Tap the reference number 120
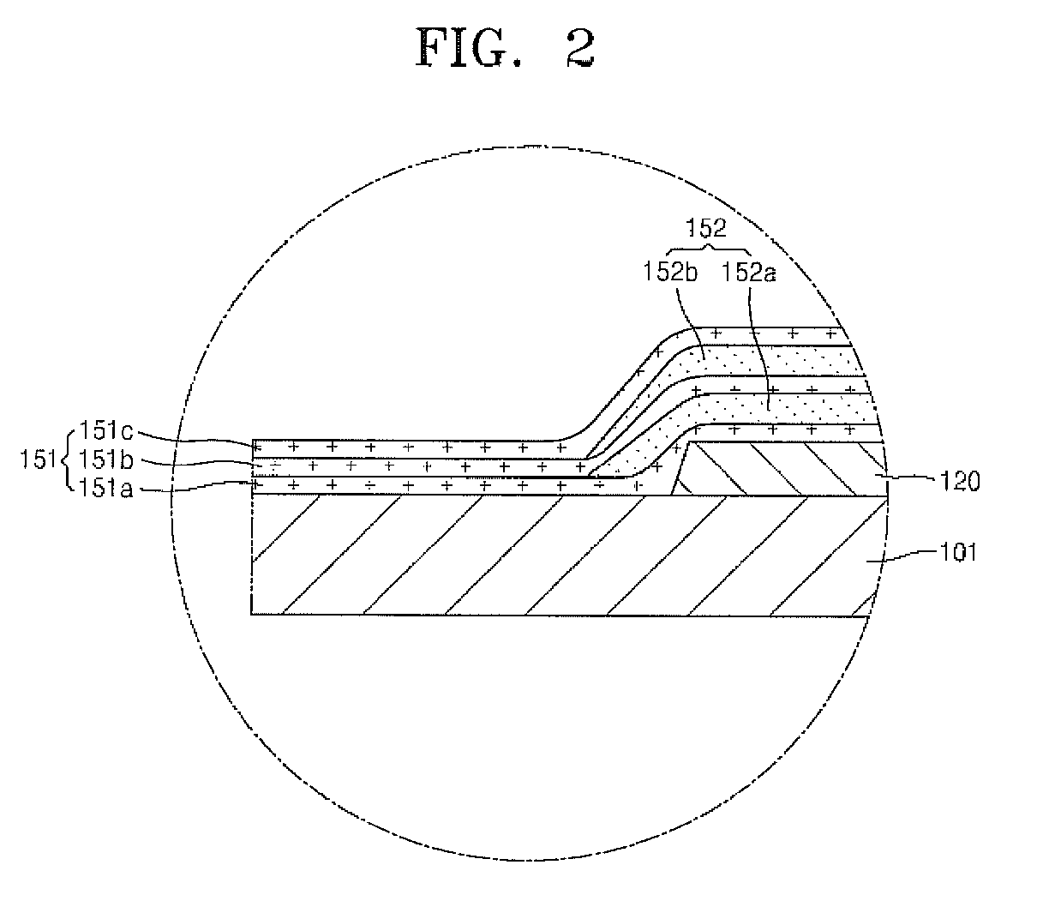[x=954, y=482]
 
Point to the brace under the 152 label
[x=708, y=249]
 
